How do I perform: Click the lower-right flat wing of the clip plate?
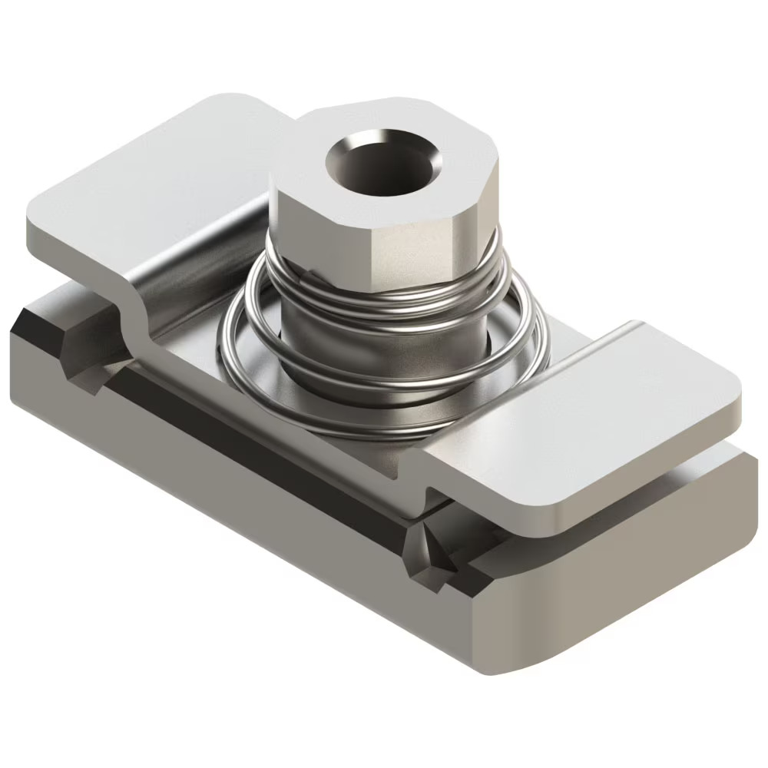coord(614,415)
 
